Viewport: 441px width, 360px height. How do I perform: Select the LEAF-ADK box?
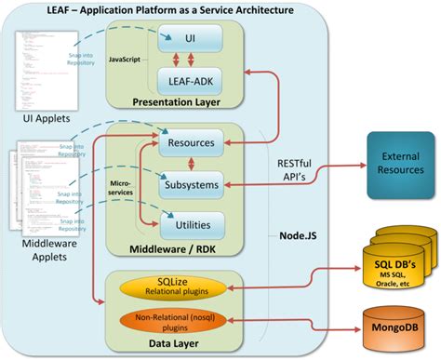pos(192,81)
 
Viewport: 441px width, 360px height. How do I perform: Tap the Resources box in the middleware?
pos(192,144)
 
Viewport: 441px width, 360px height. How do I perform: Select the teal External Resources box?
pos(400,164)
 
